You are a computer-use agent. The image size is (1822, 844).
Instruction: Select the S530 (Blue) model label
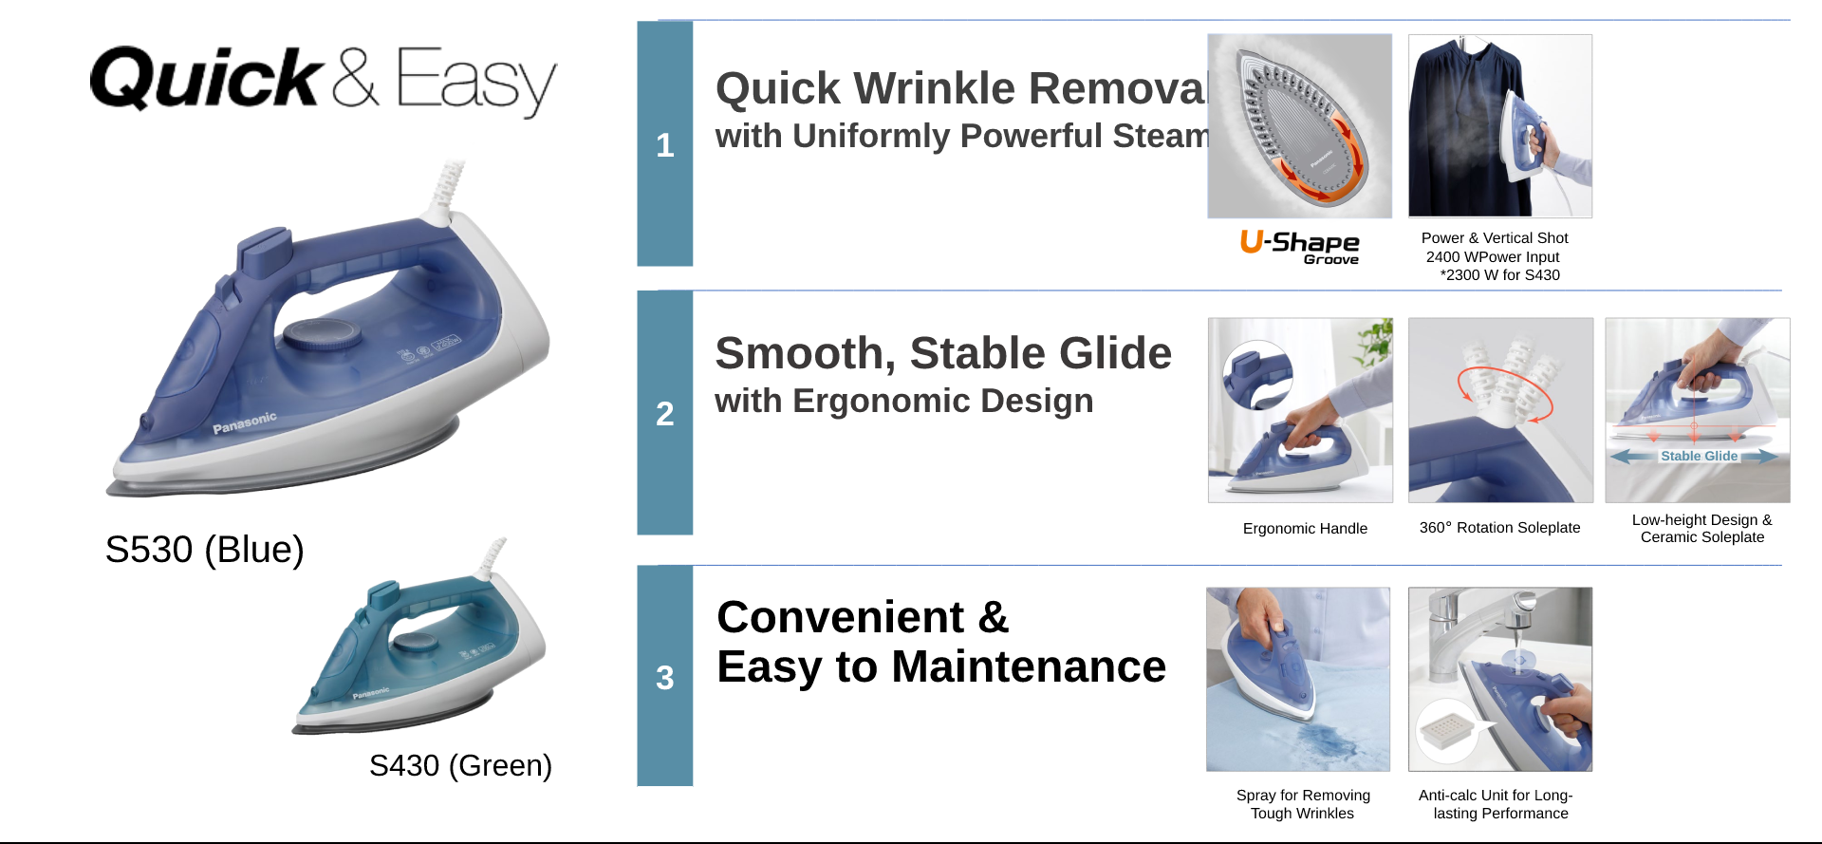point(204,550)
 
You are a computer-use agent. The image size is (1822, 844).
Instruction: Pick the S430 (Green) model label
point(460,765)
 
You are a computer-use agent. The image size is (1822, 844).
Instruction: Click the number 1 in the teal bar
point(664,145)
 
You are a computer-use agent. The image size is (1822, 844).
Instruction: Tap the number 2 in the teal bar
point(664,414)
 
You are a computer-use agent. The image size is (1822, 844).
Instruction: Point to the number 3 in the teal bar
point(664,678)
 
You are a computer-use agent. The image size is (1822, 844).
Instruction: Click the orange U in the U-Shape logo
point(1252,241)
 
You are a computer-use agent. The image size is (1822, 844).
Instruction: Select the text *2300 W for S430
point(1499,275)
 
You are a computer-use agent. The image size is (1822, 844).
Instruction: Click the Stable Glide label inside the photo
point(1699,457)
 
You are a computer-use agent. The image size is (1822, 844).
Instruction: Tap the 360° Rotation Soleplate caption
point(1499,528)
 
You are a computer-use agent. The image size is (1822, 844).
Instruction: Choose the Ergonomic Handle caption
point(1305,529)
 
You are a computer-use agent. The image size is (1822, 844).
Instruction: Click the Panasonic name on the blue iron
point(245,422)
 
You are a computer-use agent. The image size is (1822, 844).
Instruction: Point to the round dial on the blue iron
point(323,334)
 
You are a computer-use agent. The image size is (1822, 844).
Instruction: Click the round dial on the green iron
point(415,643)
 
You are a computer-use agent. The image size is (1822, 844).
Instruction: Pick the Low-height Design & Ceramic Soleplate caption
point(1702,529)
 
